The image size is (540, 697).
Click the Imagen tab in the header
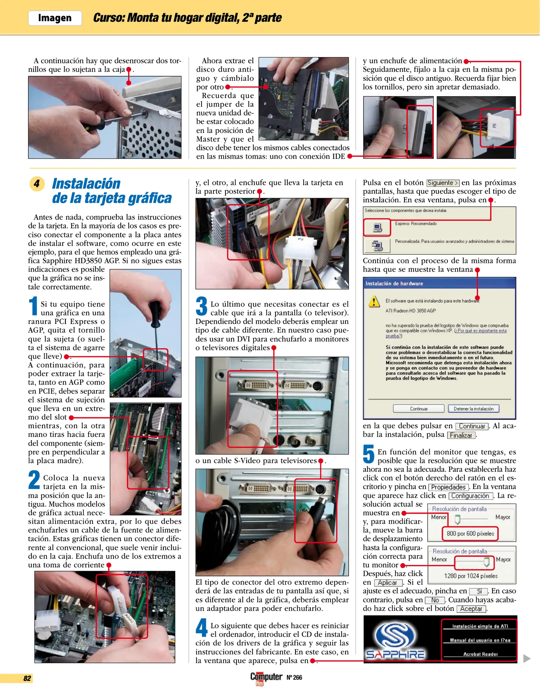pos(55,18)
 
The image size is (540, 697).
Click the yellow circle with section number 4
pos(37,184)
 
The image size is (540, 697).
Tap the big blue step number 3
pos(202,306)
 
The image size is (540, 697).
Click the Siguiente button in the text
pos(443,183)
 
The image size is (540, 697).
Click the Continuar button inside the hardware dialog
pos(419,409)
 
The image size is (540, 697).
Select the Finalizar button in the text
pos(461,435)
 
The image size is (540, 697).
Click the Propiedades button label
pos(448,487)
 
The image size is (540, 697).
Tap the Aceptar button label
pos(471,609)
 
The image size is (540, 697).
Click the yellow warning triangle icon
pos(374,302)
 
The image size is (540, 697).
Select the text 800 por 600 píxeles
pos(470,533)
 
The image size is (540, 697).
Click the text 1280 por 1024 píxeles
pos(471,576)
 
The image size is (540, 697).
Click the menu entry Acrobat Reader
pos(480,654)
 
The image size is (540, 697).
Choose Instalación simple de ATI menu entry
pos(480,626)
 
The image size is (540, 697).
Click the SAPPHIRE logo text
pos(395,654)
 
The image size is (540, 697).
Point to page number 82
pos(27,678)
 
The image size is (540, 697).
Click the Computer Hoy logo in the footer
pos(266,678)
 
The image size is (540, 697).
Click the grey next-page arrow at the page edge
pos(527,659)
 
